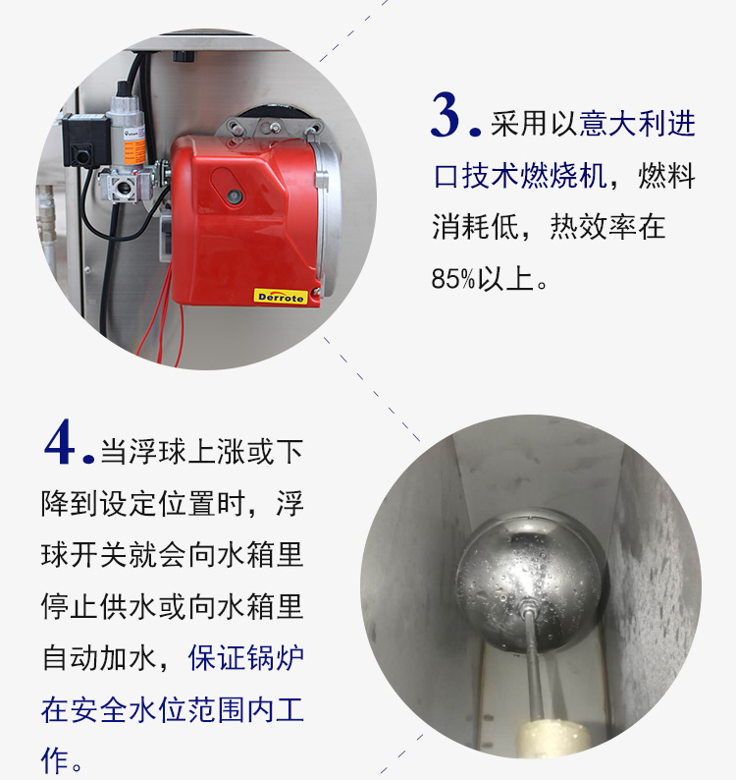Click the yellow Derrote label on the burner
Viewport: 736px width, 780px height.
click(x=281, y=297)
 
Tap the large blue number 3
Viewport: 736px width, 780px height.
click(x=446, y=115)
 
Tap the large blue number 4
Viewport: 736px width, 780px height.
click(x=59, y=442)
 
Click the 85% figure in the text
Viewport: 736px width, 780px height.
click(x=452, y=279)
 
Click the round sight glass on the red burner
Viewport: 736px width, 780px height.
click(x=235, y=196)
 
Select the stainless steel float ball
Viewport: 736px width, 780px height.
click(x=529, y=580)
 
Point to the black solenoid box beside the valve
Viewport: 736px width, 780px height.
click(x=85, y=139)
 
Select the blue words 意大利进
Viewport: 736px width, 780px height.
click(x=637, y=124)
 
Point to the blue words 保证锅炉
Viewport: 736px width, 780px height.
click(x=246, y=657)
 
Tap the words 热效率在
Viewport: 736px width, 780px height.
click(x=607, y=227)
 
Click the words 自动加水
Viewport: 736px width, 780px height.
click(x=100, y=657)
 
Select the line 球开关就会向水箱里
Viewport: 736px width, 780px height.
click(x=173, y=554)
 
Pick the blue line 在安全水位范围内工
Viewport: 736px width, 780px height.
click(x=173, y=710)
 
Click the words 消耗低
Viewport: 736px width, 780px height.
click(x=475, y=227)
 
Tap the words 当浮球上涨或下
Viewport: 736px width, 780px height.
click(x=202, y=452)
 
